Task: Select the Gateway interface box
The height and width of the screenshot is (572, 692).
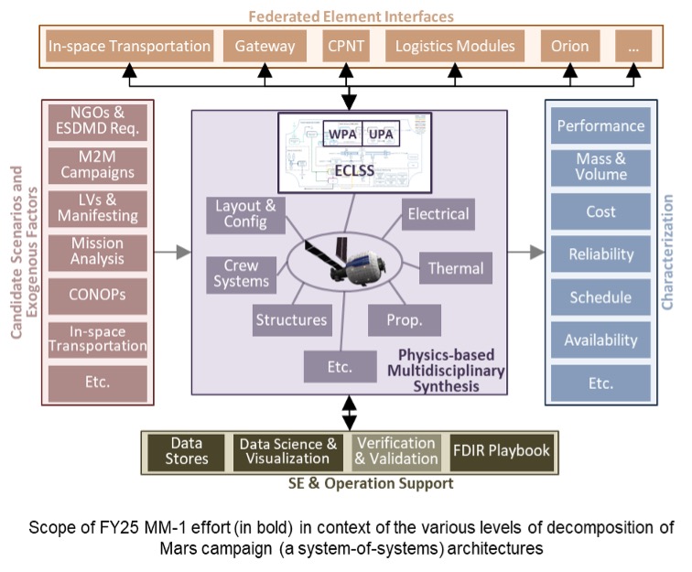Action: pos(265,46)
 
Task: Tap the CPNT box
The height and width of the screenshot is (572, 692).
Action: pos(346,46)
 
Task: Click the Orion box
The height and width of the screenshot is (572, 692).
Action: pos(569,46)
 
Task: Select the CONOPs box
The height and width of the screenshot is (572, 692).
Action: pos(96,297)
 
